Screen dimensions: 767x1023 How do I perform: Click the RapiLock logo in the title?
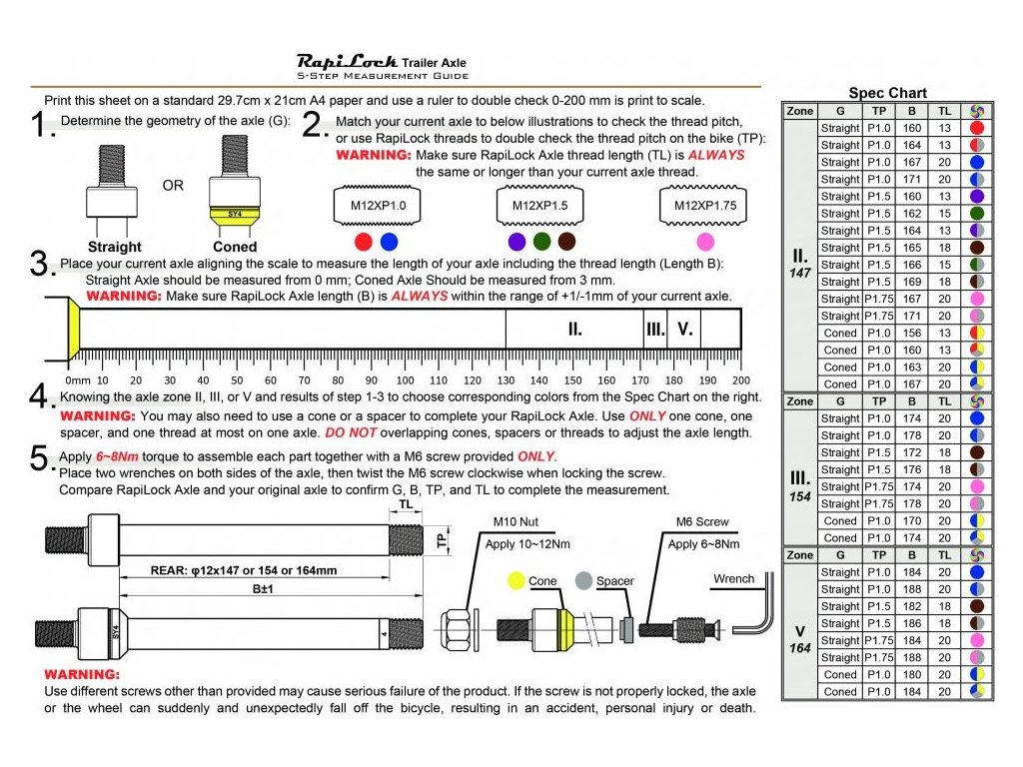pos(347,61)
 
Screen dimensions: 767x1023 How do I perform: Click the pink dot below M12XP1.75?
pos(705,241)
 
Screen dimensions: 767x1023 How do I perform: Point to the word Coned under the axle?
pos(235,247)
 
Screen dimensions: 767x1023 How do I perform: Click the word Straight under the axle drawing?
pos(115,247)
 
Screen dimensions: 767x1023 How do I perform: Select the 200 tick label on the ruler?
pos(740,381)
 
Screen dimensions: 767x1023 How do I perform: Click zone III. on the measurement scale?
pos(655,329)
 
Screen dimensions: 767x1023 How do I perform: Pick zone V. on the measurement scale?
pos(684,329)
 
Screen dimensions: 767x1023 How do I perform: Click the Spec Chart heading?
pos(887,93)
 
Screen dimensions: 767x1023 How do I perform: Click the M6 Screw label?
pos(702,521)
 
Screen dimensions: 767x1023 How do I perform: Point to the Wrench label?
pos(734,579)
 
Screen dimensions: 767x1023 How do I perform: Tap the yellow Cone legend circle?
pos(515,580)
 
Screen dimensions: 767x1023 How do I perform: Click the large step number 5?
pos(41,458)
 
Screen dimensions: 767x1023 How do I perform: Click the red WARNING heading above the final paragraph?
pos(81,674)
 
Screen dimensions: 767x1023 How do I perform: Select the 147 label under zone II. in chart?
pos(800,273)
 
